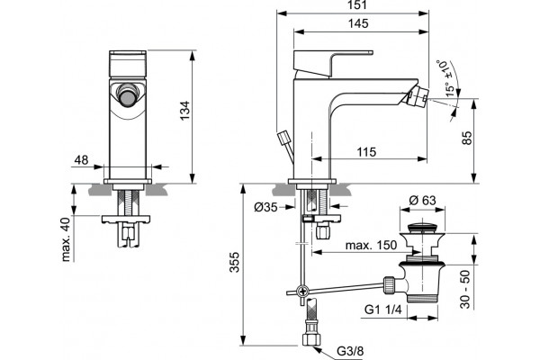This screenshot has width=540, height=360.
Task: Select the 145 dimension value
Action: pos(358,23)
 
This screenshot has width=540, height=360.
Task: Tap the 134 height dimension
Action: pos(185,110)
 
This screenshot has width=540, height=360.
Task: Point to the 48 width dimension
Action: pos(82,160)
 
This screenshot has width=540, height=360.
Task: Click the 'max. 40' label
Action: pos(66,239)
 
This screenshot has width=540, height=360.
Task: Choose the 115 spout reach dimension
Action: pos(366,152)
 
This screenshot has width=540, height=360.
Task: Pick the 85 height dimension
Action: pos(467,138)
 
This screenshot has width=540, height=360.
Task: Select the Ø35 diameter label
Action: pos(265,207)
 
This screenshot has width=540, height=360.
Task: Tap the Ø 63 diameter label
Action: pos(423,200)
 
